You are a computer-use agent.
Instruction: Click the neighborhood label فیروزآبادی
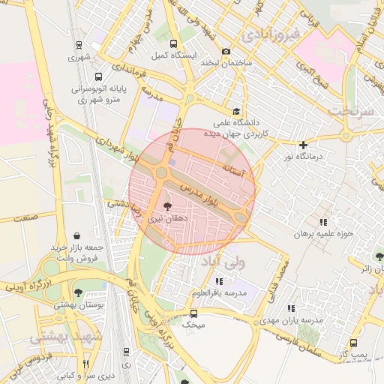pyautogui.click(x=271, y=34)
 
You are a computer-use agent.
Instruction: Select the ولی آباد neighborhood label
pyautogui.click(x=223, y=262)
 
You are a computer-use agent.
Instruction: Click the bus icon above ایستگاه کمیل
pyautogui.click(x=175, y=44)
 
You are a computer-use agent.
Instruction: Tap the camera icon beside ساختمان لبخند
pyautogui.click(x=226, y=51)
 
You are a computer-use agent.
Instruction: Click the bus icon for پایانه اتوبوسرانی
pyautogui.click(x=98, y=76)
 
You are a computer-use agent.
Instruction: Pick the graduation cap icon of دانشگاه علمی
pyautogui.click(x=237, y=110)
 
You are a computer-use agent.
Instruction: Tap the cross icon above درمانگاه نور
pyautogui.click(x=303, y=145)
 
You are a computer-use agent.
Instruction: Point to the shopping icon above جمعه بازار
pyautogui.click(x=76, y=235)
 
